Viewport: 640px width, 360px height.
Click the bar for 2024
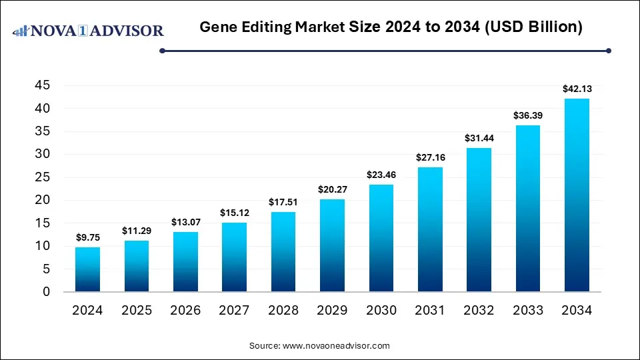point(87,269)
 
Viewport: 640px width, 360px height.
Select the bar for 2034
point(577,195)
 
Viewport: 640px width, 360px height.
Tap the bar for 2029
point(332,245)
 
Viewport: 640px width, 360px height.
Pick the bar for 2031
point(430,229)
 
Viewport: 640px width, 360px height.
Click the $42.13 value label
point(577,88)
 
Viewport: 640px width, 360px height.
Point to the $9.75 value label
point(87,237)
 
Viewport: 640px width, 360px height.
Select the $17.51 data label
point(283,201)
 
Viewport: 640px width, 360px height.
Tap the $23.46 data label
point(381,174)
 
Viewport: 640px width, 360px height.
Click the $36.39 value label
point(527,115)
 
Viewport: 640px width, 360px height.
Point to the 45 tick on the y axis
point(42,85)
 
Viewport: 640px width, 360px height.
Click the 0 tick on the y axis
point(46,292)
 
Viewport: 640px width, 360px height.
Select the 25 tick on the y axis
point(42,177)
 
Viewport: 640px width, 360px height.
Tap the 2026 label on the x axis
point(185,311)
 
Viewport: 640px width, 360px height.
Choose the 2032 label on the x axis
point(479,311)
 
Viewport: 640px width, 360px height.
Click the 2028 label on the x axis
point(283,311)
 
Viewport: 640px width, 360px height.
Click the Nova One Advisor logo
point(89,31)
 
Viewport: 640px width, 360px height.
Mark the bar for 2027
point(234,257)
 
